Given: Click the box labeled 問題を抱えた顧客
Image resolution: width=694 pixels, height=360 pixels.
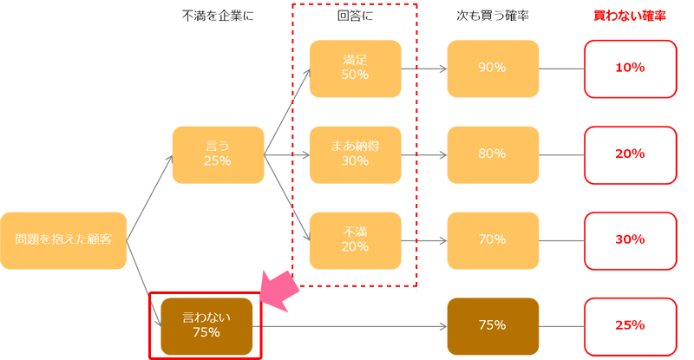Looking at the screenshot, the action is [63, 240].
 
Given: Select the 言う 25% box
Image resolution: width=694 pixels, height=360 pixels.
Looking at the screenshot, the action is [219, 155].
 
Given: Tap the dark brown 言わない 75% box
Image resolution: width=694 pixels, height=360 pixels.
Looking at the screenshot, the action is [206, 326].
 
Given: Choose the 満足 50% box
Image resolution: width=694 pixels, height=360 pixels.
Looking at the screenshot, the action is [356, 69].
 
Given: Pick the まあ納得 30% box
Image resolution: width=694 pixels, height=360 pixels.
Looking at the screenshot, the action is [356, 155].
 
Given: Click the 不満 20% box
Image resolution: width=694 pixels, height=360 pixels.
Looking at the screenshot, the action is [356, 240].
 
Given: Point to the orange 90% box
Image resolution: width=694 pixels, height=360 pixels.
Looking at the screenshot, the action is [493, 69].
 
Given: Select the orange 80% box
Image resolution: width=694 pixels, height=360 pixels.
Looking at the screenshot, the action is [493, 155].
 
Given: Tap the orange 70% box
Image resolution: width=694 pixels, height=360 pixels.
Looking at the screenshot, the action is [493, 240].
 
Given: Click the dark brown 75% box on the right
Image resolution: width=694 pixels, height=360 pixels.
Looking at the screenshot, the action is [493, 326].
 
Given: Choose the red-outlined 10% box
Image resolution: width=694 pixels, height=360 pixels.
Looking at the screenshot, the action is [631, 69].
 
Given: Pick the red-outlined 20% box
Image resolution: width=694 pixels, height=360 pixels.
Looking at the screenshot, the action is [631, 155].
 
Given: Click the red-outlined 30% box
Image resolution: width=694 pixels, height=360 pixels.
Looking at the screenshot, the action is [631, 240].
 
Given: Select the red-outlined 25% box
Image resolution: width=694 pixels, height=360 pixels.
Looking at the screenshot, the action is [631, 326].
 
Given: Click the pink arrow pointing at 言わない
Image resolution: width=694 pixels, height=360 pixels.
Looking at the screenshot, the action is [280, 290].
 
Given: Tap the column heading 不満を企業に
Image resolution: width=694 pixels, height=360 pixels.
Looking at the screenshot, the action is [219, 16].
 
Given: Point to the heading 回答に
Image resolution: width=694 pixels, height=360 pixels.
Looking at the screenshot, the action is [355, 16].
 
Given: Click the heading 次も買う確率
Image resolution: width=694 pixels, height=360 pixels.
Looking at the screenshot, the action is [493, 16].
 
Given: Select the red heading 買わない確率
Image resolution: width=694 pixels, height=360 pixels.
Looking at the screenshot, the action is [630, 16].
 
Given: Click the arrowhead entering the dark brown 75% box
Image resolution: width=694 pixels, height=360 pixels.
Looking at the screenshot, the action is [443, 327].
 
